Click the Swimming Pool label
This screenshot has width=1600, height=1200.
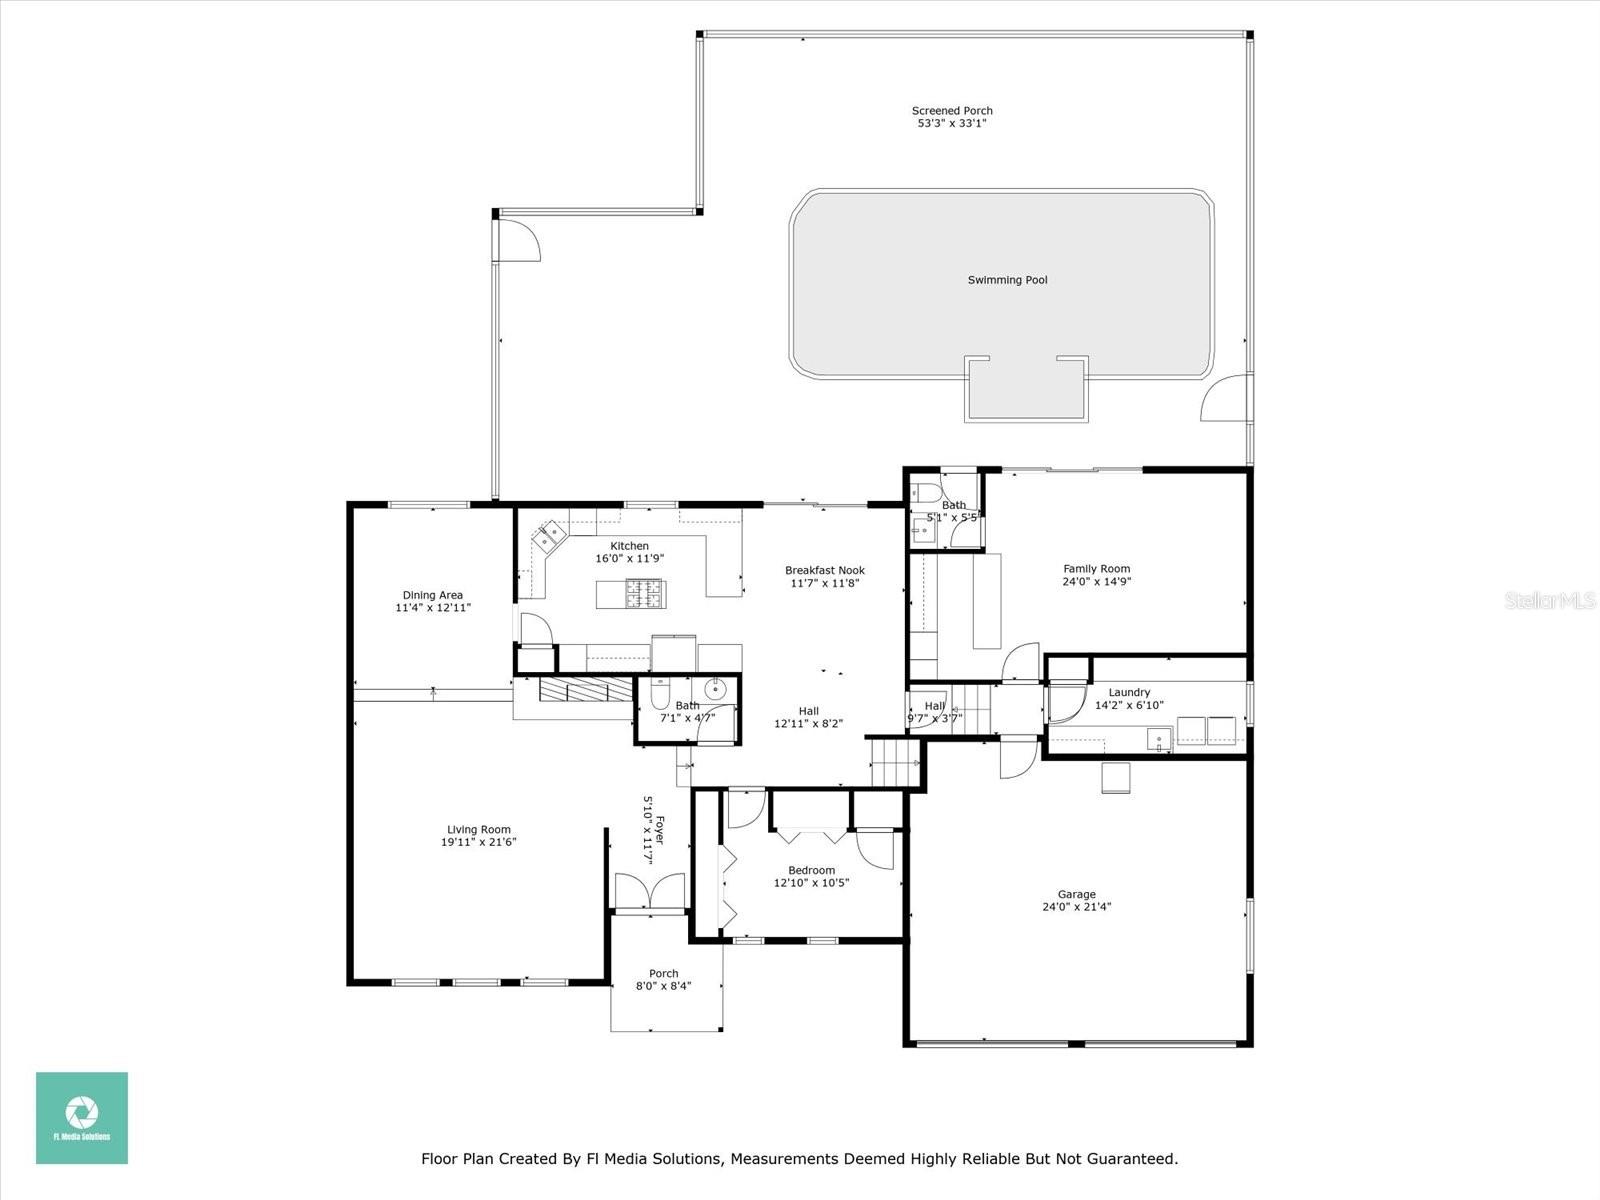coord(1007,280)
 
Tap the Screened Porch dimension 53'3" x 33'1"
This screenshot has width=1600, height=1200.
coord(952,124)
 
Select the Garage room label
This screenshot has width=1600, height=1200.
coord(1076,894)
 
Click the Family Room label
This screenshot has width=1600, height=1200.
coord(1096,568)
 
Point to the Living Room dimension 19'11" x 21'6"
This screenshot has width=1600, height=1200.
coord(479,842)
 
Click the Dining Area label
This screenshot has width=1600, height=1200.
coord(432,595)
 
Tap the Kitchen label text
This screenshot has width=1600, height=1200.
coord(629,546)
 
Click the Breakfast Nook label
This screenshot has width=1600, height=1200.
coord(824,570)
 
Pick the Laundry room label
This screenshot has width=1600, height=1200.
coord(1129,692)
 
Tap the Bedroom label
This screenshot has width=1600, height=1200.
coord(810,870)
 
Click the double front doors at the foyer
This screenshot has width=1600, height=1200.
coord(649,892)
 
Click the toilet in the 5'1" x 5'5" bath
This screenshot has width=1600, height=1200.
coord(925,493)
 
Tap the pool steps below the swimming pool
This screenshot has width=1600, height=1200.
coord(1025,391)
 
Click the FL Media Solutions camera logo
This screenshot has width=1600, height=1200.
coord(82,1112)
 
